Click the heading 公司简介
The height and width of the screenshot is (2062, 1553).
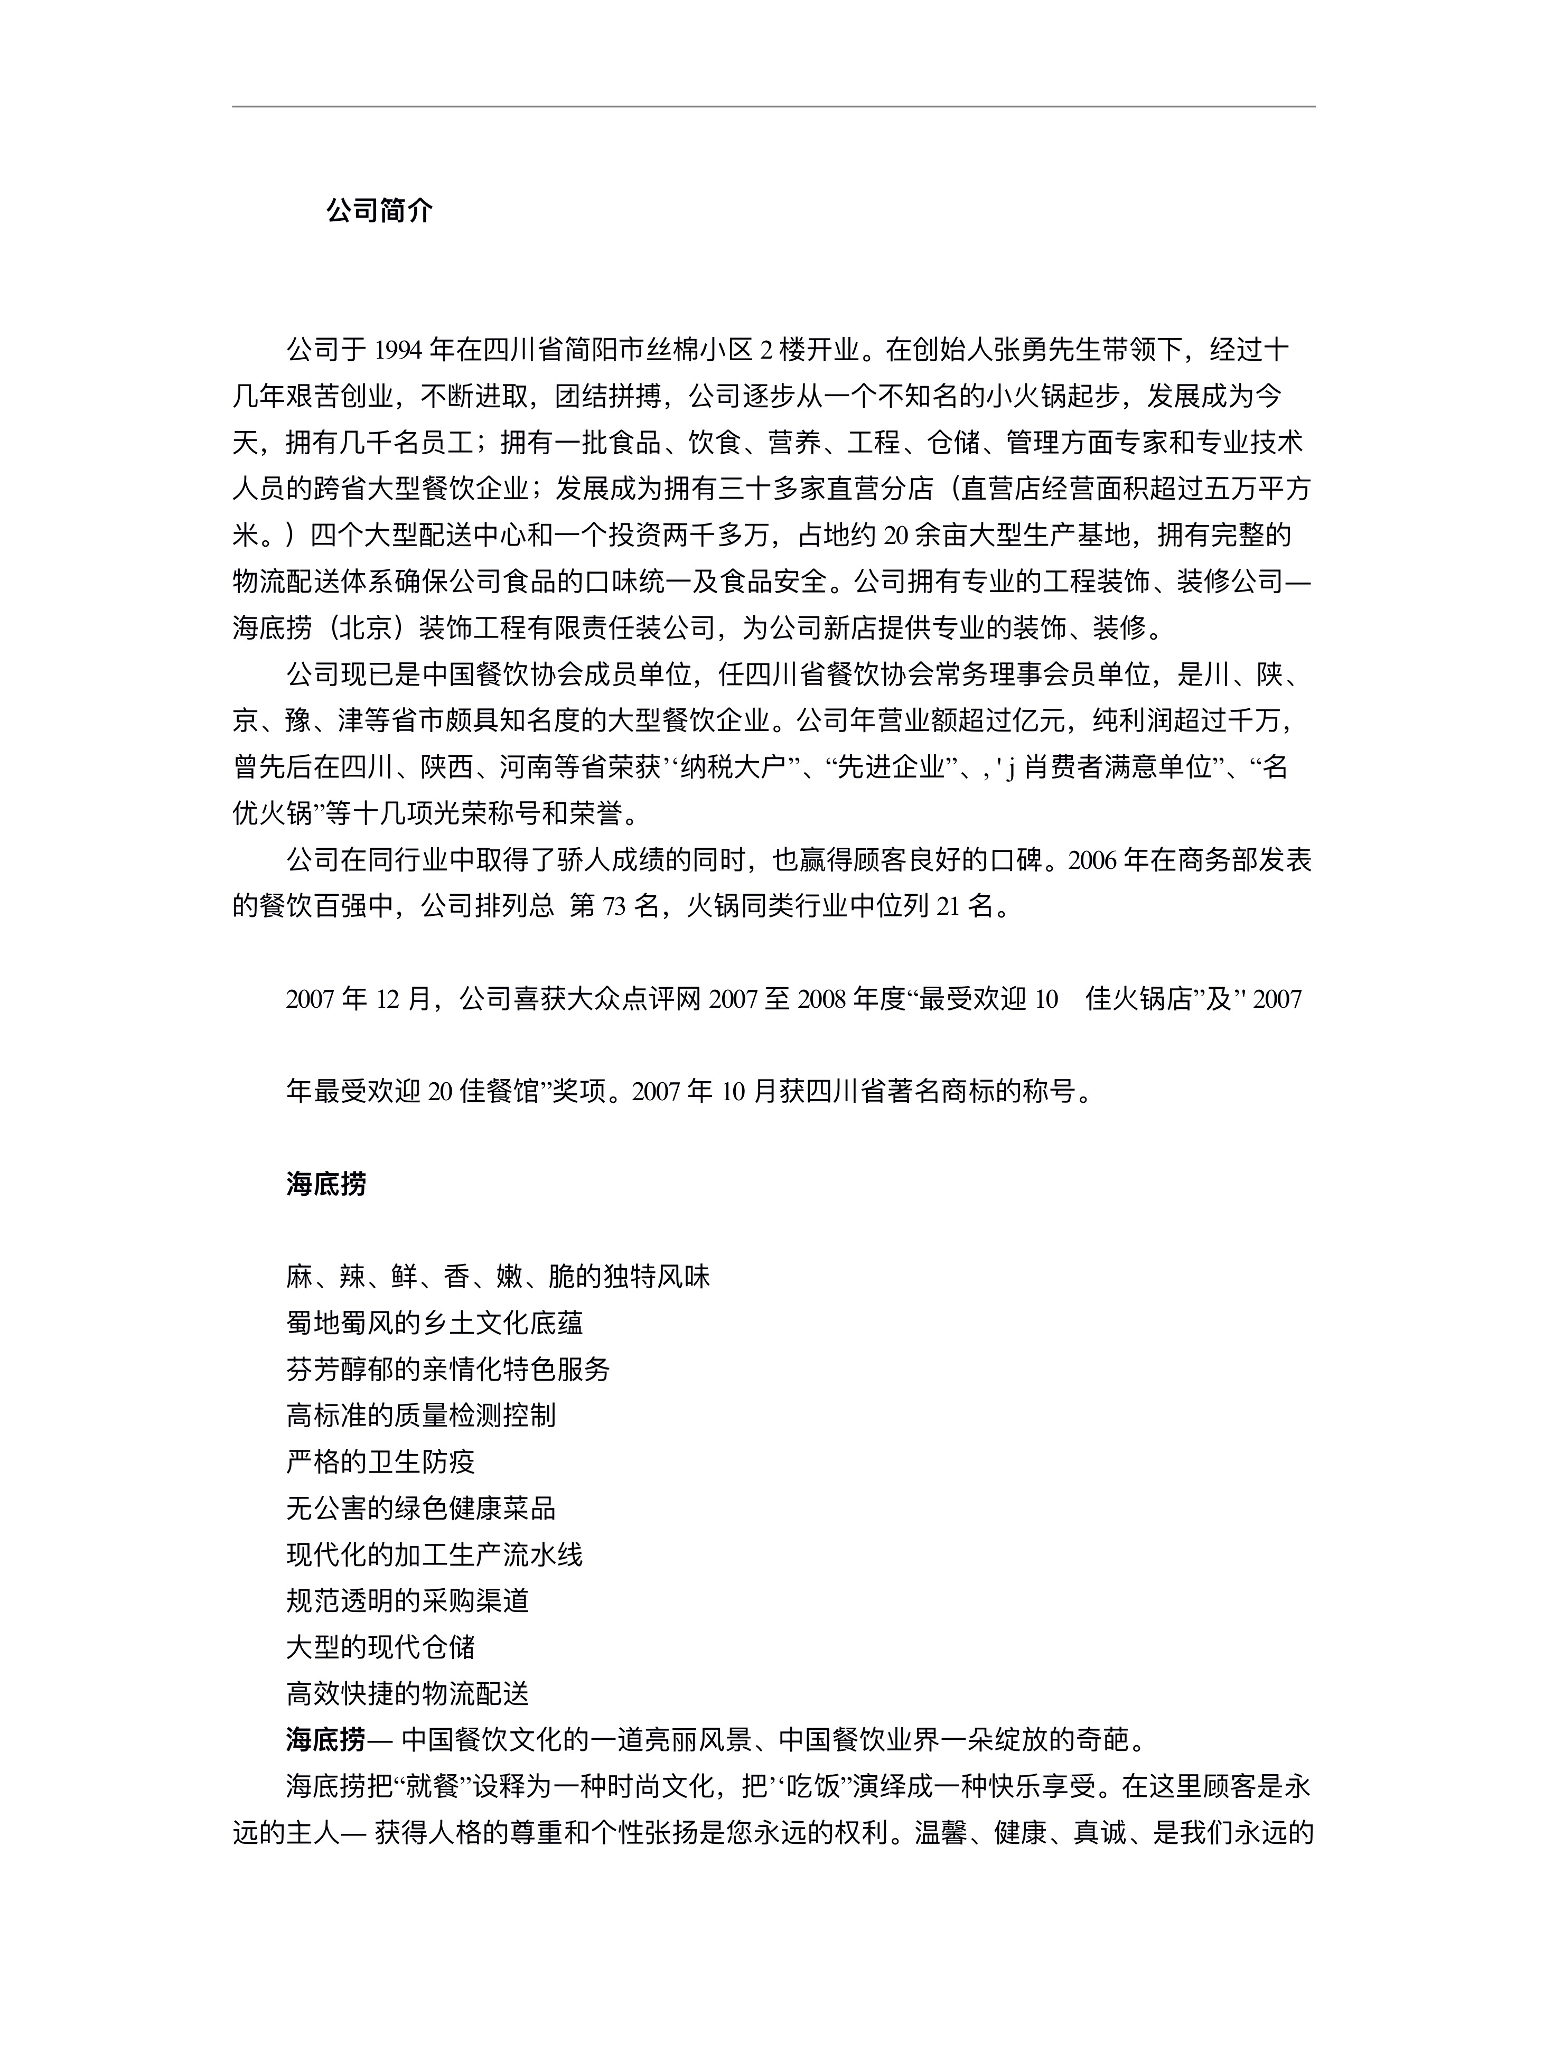click(x=379, y=211)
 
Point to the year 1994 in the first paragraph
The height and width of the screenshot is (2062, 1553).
click(x=399, y=351)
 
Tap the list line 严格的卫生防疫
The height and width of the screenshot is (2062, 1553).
click(x=380, y=1461)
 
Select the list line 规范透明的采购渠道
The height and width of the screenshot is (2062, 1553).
click(x=407, y=1600)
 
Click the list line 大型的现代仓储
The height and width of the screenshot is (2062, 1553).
click(x=380, y=1646)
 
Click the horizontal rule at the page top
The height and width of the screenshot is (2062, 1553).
click(x=774, y=106)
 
